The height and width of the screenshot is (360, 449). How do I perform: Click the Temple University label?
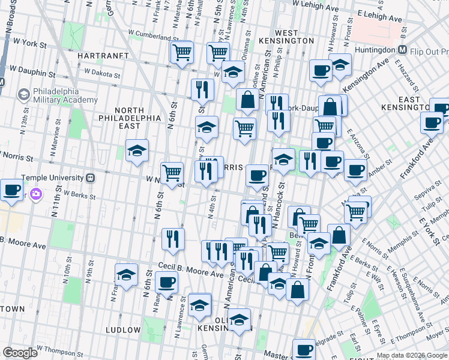click(50, 178)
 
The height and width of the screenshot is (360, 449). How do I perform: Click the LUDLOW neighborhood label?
click(122, 330)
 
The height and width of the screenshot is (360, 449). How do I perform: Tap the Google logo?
click(20, 353)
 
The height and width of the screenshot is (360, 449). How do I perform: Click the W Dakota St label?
click(103, 71)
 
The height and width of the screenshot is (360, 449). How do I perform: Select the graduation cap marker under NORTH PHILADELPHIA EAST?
click(137, 151)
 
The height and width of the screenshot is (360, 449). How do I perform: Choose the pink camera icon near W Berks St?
click(36, 194)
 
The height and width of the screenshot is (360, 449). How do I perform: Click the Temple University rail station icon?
click(91, 178)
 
